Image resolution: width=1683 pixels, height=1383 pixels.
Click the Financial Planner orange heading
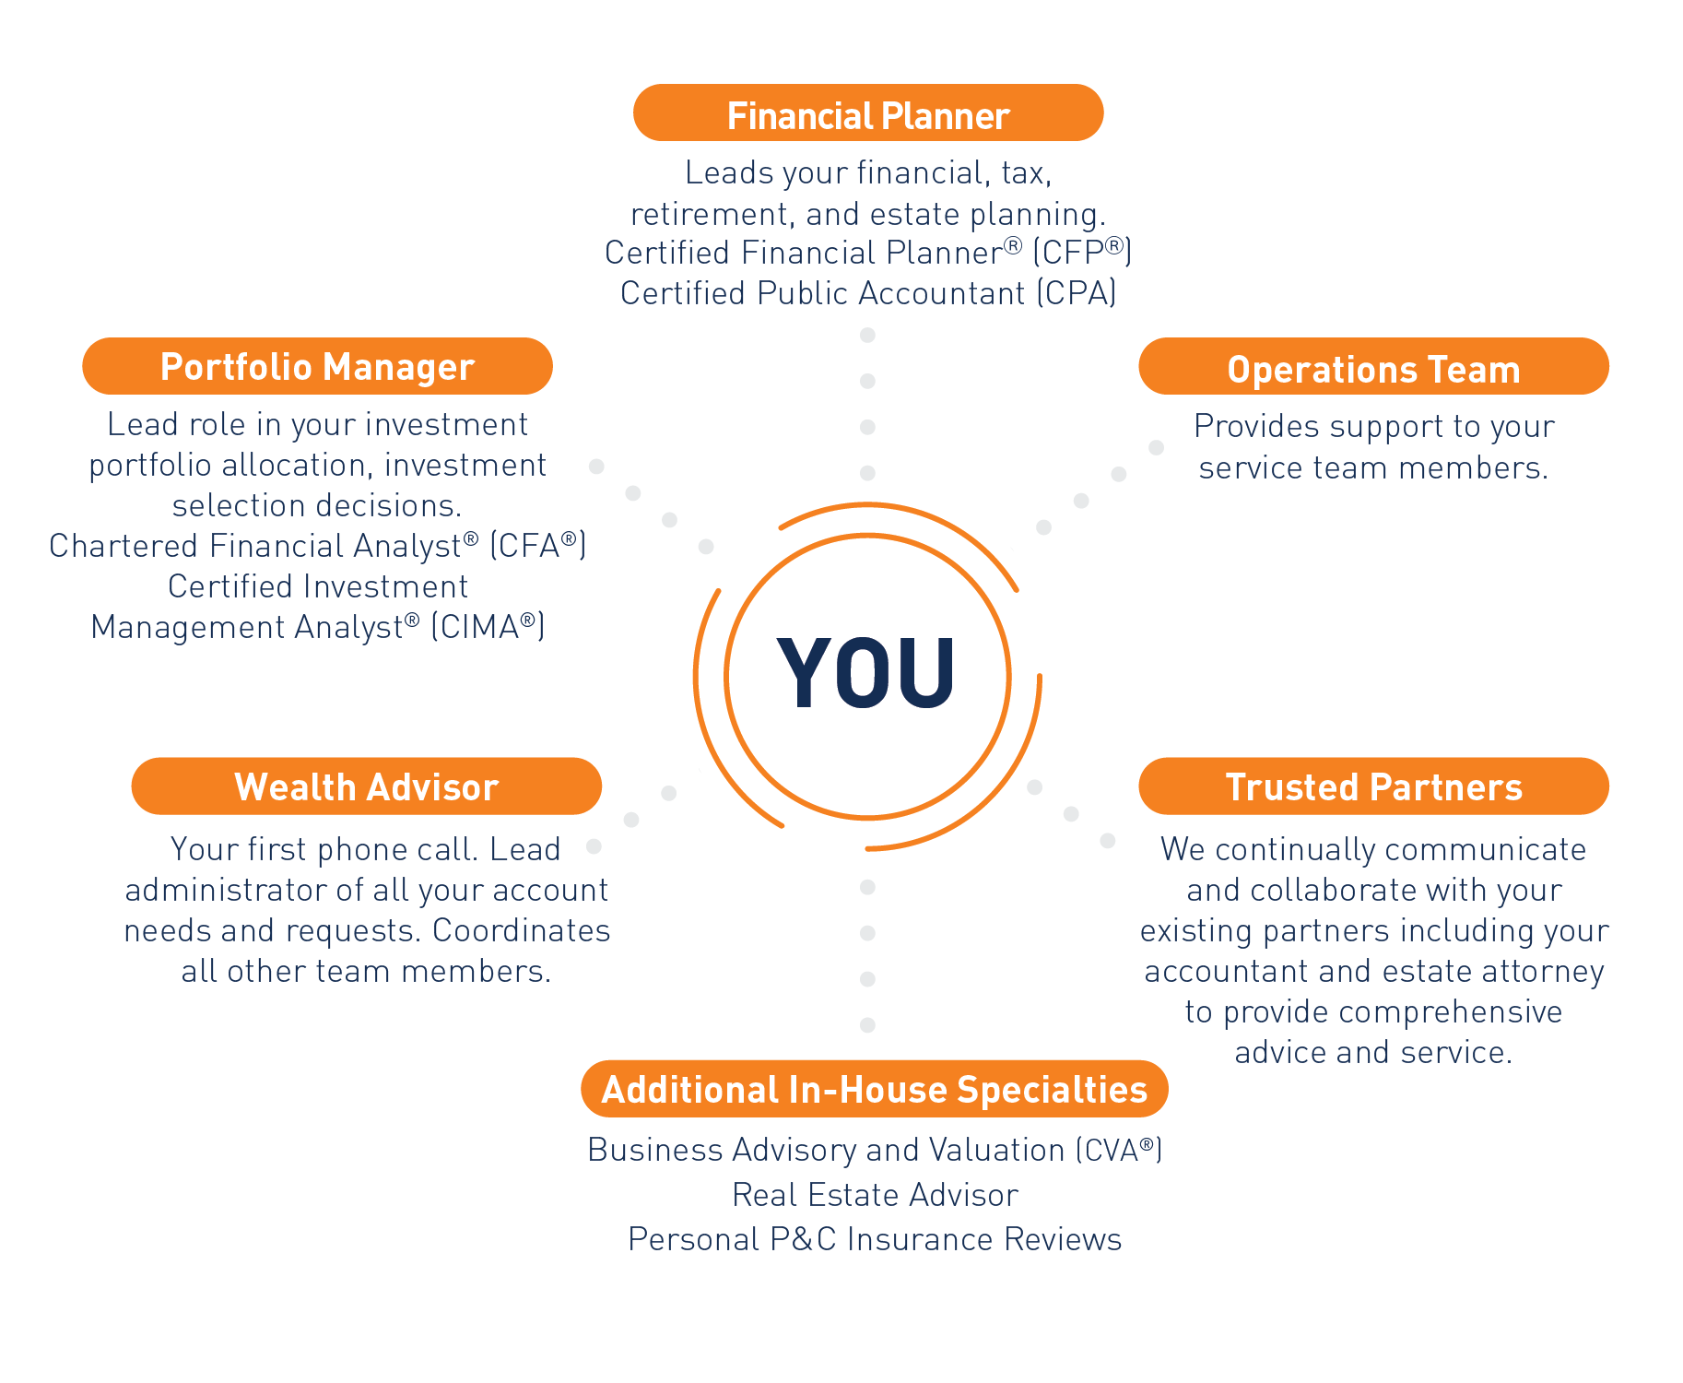point(868,115)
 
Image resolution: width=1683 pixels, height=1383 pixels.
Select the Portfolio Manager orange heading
point(317,367)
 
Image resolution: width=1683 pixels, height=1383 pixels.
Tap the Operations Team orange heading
point(1373,369)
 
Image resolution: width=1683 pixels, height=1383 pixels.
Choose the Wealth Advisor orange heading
point(366,787)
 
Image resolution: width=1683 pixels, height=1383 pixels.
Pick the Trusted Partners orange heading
point(1373,787)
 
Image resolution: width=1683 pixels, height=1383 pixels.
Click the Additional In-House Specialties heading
point(874,1090)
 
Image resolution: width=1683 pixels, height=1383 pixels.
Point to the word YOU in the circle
point(866,675)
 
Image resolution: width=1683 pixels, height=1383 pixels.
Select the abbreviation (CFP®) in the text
point(1081,253)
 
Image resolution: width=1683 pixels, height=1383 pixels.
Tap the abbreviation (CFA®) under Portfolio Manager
point(537,546)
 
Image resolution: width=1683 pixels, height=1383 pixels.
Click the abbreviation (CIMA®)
point(488,627)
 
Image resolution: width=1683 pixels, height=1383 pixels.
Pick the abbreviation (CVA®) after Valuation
point(1118,1151)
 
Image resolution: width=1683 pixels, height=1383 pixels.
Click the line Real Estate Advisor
point(875,1195)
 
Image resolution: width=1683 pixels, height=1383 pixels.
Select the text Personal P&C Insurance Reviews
point(875,1239)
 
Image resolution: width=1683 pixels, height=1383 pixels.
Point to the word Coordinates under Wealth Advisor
point(521,930)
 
